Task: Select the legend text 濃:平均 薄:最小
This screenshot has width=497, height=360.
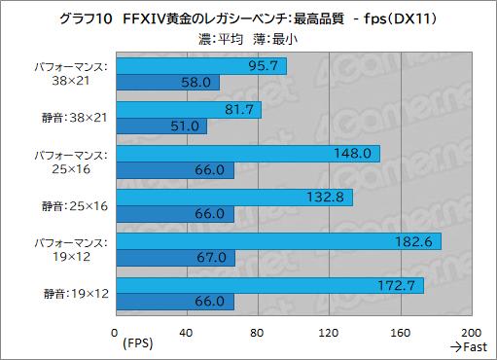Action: pyautogui.click(x=248, y=40)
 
